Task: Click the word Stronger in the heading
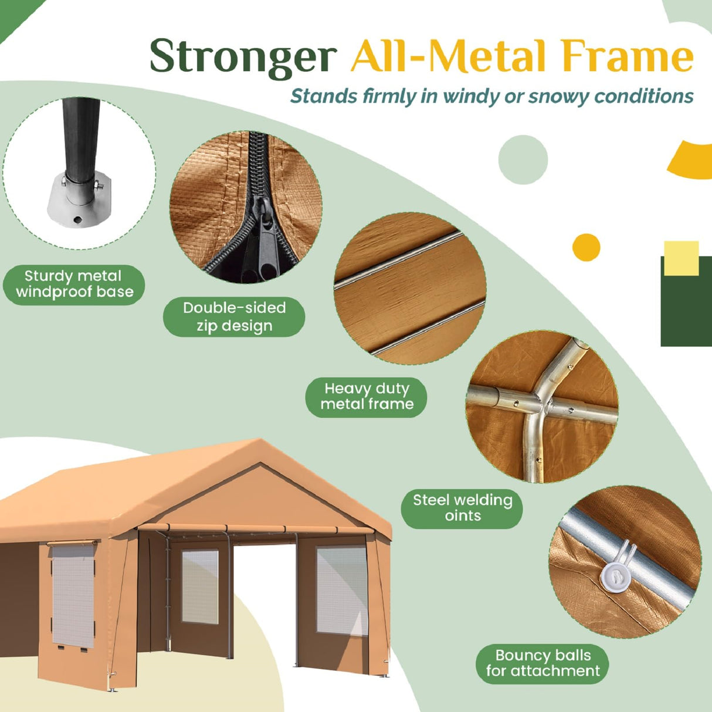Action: click(243, 56)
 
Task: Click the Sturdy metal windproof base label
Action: click(74, 284)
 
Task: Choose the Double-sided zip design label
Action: click(234, 317)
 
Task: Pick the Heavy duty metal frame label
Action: click(366, 397)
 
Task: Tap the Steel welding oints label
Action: click(462, 508)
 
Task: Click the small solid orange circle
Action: click(586, 247)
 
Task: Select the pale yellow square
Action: click(682, 258)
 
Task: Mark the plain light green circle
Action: click(523, 160)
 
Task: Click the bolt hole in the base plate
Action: click(77, 219)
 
